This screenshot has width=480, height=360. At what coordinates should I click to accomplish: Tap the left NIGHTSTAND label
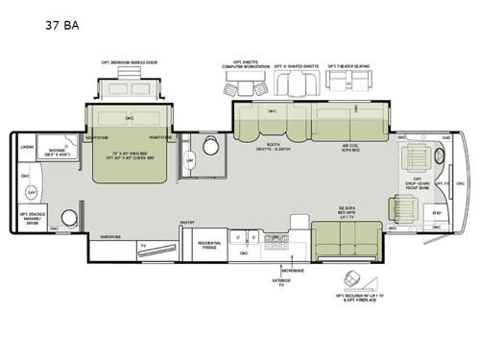click(x=95, y=137)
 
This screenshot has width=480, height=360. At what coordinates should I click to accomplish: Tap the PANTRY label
click(x=187, y=222)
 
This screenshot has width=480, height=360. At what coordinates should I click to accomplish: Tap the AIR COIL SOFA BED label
click(x=349, y=148)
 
